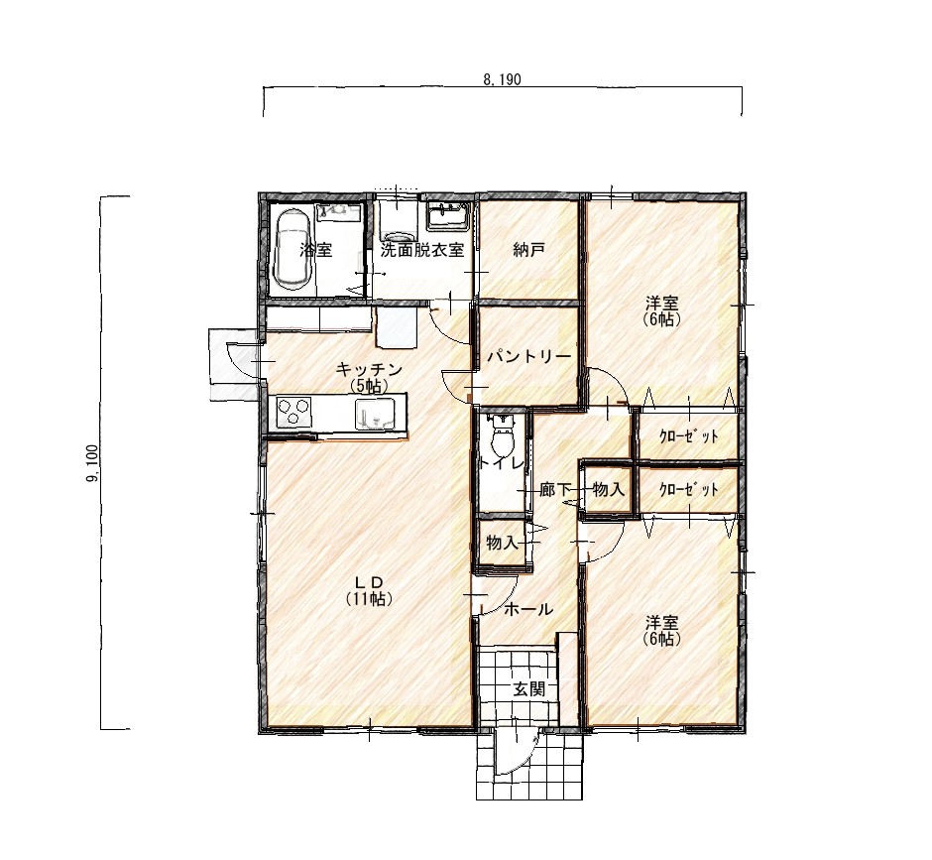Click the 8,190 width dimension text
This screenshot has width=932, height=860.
point(503,79)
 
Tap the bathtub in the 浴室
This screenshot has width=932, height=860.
point(291,250)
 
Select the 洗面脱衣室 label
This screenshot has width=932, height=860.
point(422,250)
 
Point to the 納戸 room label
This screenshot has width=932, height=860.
point(529,250)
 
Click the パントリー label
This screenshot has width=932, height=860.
point(529,356)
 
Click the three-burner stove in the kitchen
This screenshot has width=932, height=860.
point(293,412)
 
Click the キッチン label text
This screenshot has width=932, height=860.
point(369,369)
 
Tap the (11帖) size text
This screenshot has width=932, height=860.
point(369,598)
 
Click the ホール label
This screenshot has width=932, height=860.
point(528,609)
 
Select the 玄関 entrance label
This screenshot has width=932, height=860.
point(529,689)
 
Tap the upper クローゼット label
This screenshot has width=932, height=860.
point(689,436)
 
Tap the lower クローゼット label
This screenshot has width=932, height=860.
point(689,490)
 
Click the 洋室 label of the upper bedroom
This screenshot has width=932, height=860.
point(662,304)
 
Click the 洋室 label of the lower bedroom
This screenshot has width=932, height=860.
point(662,623)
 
